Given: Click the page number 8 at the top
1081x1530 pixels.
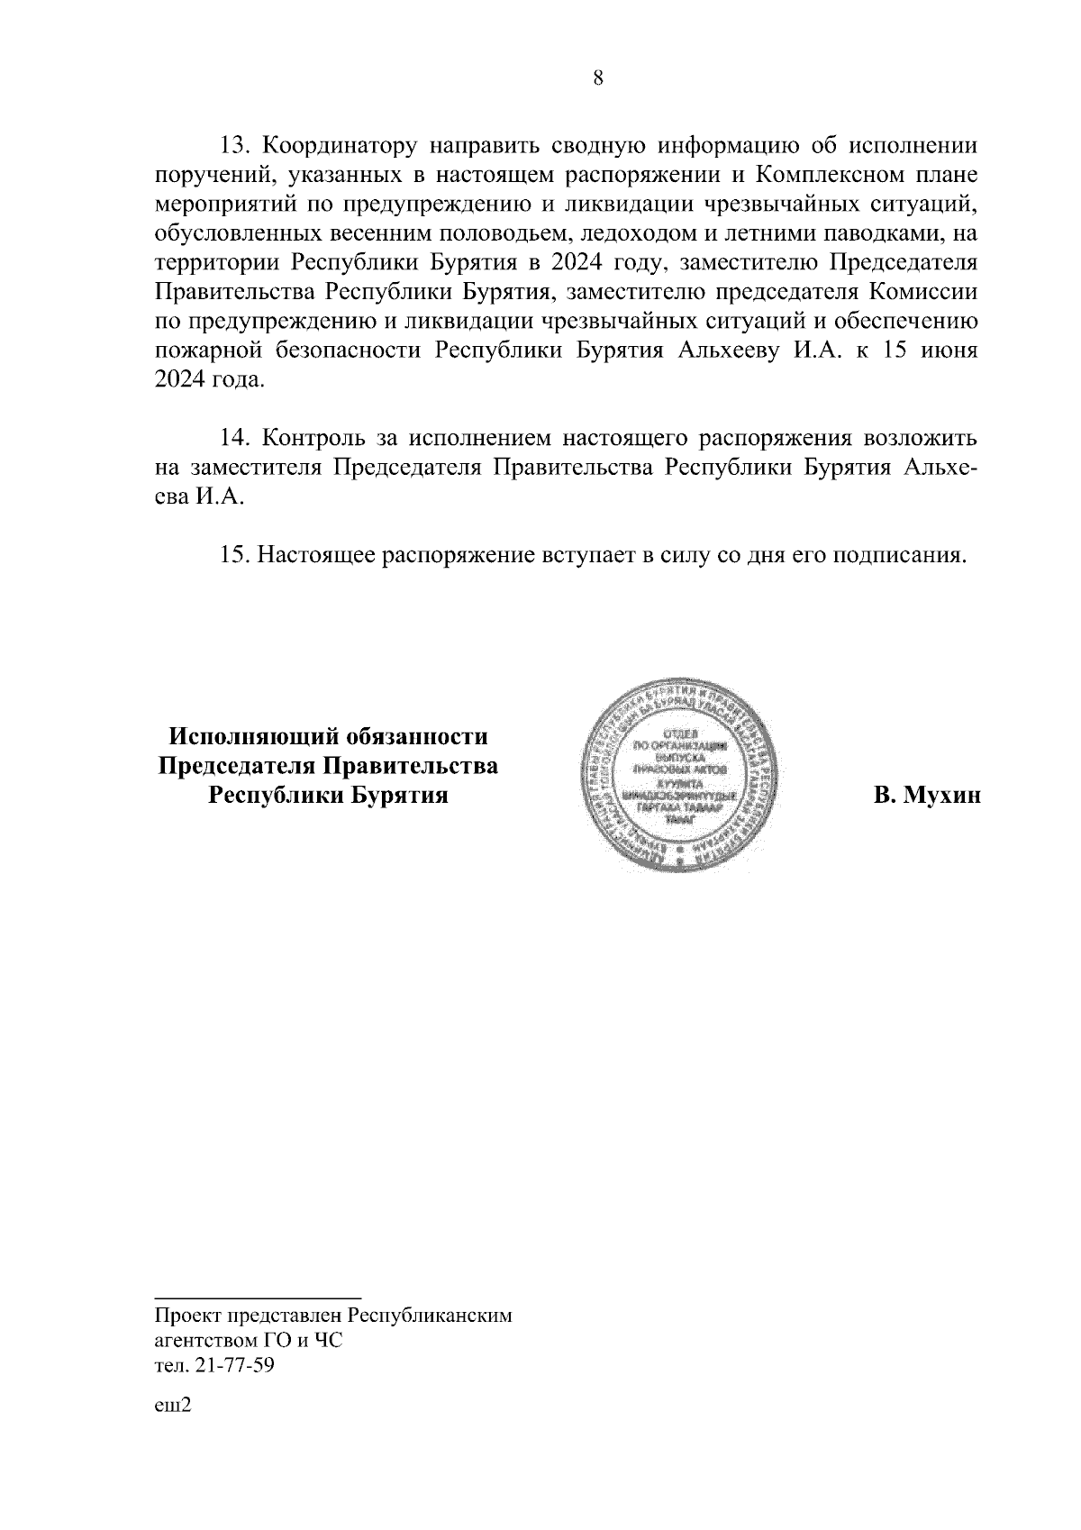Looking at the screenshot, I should tap(599, 77).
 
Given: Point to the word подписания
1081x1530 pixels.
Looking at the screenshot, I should tap(895, 556).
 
